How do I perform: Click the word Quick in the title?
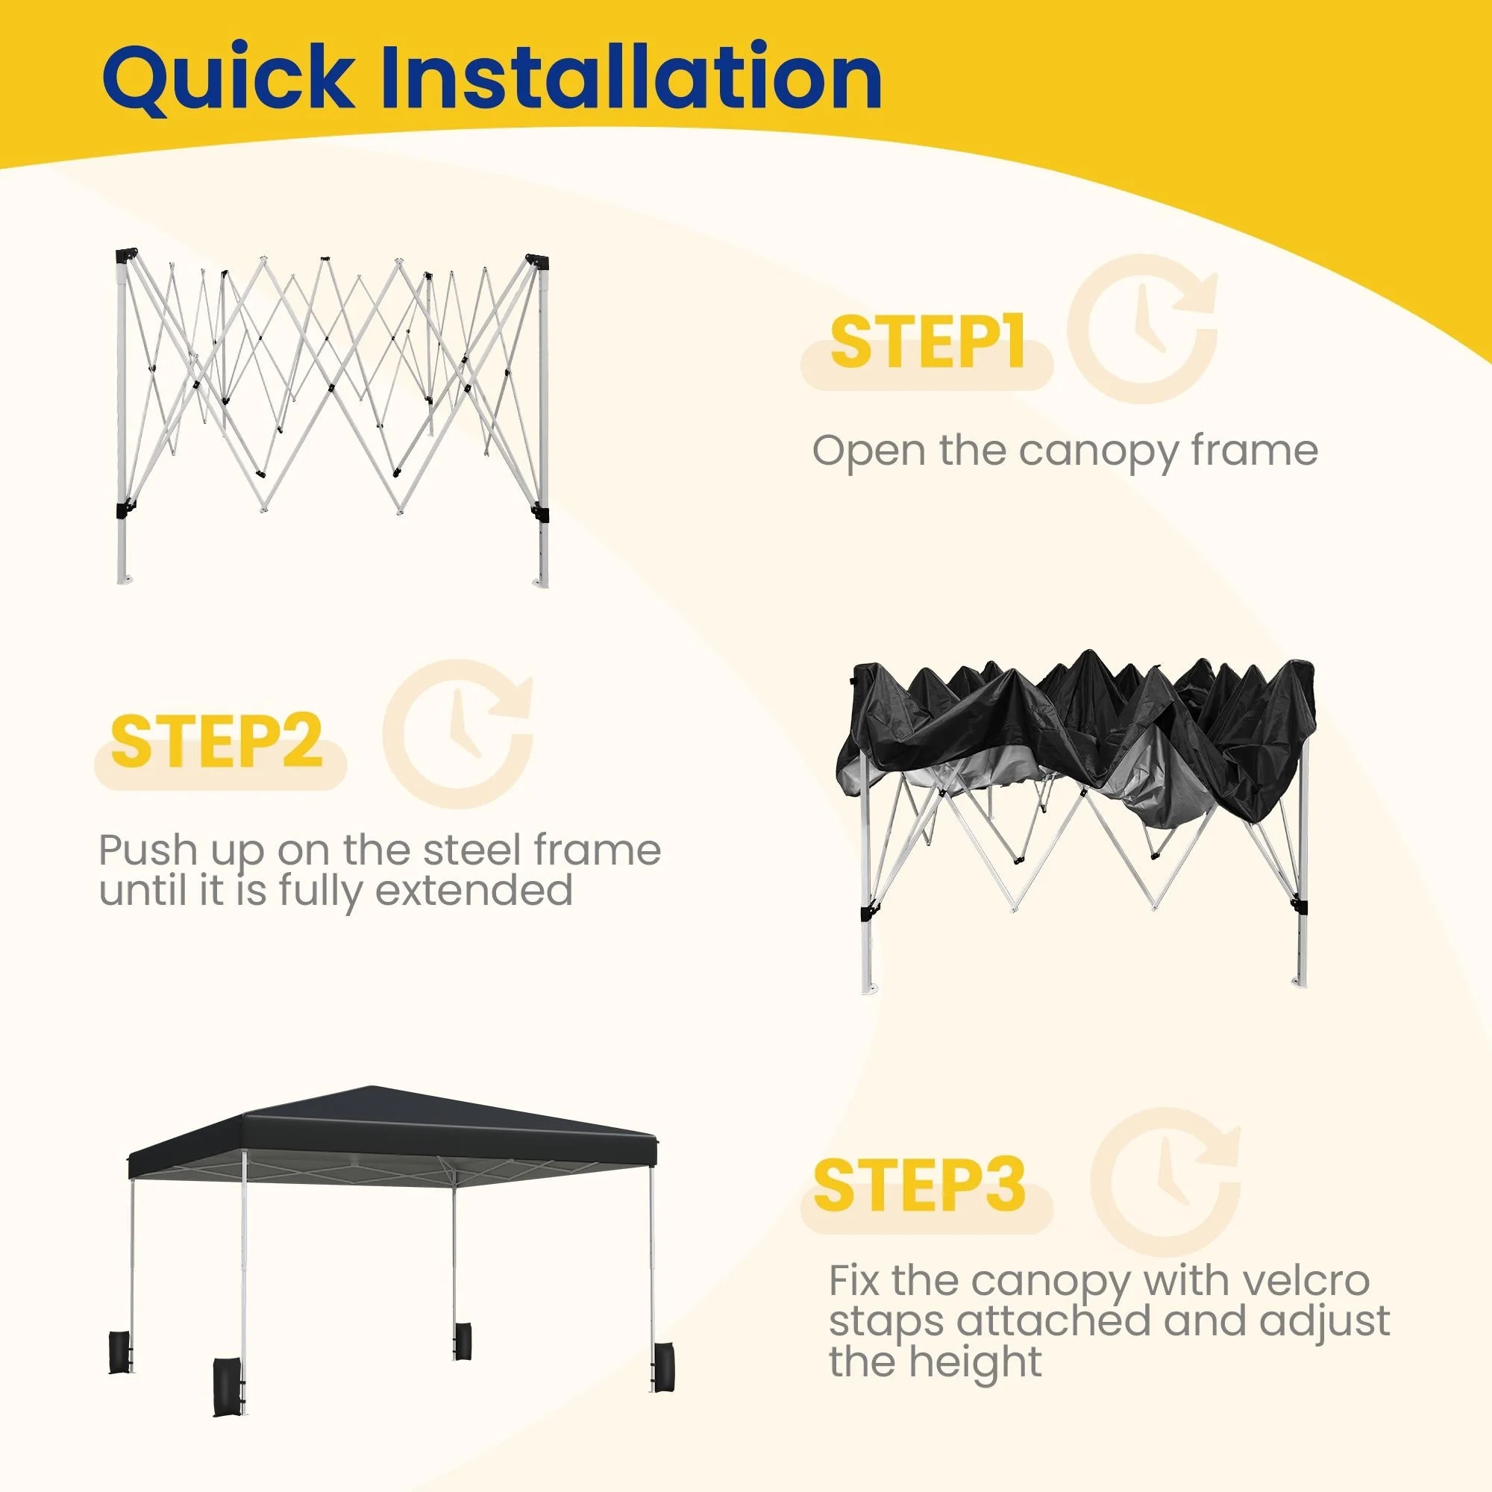(x=228, y=79)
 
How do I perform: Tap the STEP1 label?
(x=927, y=342)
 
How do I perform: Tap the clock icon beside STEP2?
(x=458, y=734)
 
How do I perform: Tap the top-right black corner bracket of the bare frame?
(x=539, y=262)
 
